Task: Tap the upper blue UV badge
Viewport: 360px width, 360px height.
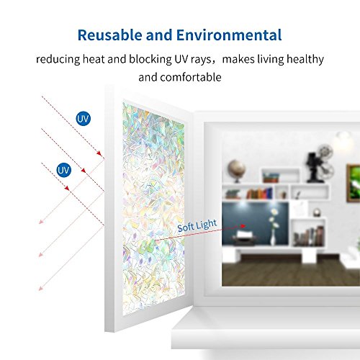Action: click(85, 117)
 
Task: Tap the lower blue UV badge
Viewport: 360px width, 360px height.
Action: click(64, 170)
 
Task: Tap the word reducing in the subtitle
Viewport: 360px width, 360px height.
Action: click(58, 59)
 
